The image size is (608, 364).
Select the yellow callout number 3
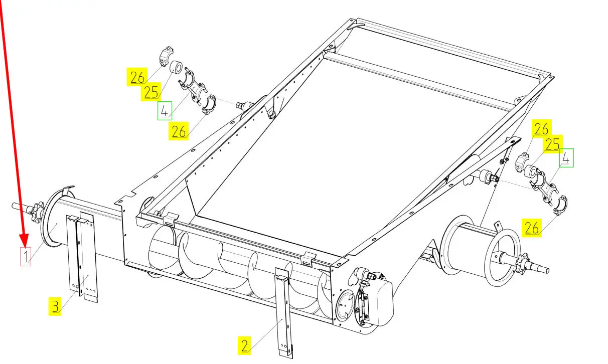click(55, 305)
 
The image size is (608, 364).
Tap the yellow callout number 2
click(244, 345)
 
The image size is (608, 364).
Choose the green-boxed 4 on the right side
click(566, 158)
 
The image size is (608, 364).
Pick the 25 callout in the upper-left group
click(151, 92)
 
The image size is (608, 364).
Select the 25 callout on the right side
click(553, 144)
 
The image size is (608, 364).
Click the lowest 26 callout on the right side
click(532, 228)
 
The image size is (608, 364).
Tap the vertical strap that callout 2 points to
click(282, 311)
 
